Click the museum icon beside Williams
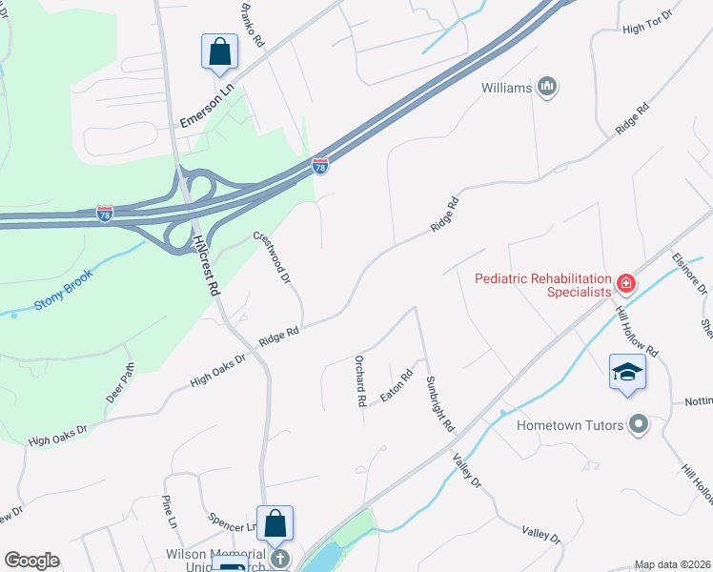tap(547, 88)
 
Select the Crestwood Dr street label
tap(272, 257)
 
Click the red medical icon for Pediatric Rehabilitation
tap(625, 283)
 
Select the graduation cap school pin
tap(628, 371)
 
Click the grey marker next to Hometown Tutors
tap(639, 424)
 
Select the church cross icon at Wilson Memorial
tap(279, 557)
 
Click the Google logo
tap(31, 560)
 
